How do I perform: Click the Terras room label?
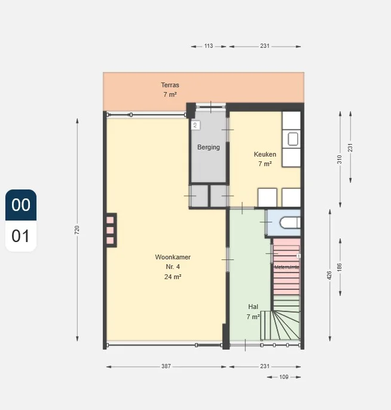(x=170, y=85)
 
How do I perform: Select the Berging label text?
(x=209, y=147)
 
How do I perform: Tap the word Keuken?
(x=265, y=154)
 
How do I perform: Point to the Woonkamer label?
(x=173, y=257)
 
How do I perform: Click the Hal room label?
(x=253, y=307)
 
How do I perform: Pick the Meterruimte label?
(x=286, y=267)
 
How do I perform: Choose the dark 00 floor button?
(x=21, y=205)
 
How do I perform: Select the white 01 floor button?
(x=21, y=236)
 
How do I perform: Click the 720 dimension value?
(x=77, y=230)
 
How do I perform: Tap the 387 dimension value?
(x=166, y=366)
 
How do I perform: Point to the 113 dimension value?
(x=209, y=46)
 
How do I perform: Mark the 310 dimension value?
(x=340, y=159)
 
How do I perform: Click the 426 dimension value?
(x=329, y=275)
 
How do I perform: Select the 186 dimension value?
(x=340, y=267)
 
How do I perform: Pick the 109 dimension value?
(x=283, y=377)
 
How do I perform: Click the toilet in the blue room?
(x=290, y=223)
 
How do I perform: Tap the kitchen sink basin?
(x=293, y=139)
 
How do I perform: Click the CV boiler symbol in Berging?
(x=195, y=126)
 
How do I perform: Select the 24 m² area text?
(x=173, y=277)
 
